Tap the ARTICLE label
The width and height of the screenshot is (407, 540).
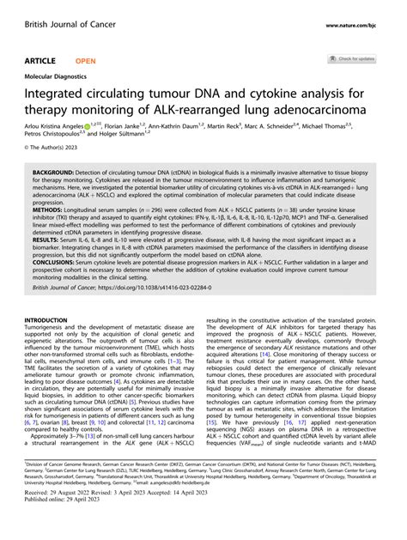[41, 60]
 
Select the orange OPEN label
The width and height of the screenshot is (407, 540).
[86, 60]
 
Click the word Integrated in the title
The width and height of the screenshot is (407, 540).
[59, 93]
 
